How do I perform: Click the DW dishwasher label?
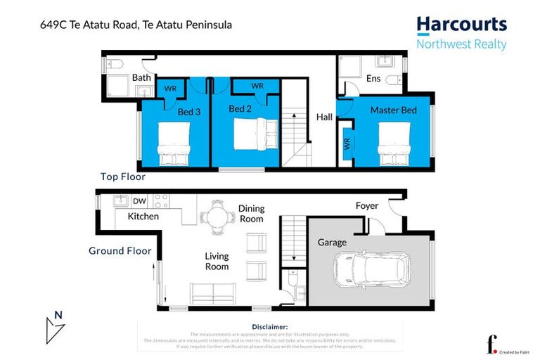139,201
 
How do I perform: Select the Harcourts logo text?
461,25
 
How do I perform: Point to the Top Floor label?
122,177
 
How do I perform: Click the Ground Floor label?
120,250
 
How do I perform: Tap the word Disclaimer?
269,327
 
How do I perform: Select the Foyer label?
366,206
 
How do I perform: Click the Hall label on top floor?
324,117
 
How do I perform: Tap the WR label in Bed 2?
257,86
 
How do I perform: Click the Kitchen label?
143,217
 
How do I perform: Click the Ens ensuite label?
373,79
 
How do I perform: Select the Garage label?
331,243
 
